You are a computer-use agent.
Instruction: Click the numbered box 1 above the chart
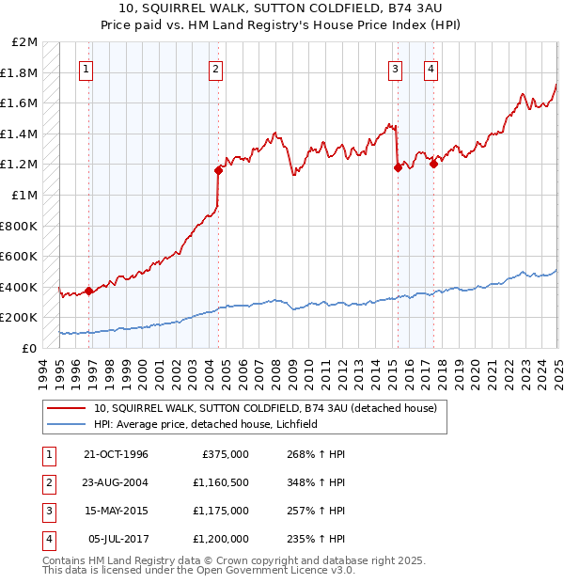(86, 68)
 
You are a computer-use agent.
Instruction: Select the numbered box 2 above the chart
(216, 68)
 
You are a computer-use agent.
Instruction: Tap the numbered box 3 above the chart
(395, 68)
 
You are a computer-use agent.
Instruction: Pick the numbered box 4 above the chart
(431, 68)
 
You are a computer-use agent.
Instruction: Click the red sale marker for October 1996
(89, 291)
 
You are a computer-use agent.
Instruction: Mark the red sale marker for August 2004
(218, 170)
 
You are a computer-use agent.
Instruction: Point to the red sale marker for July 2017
(433, 164)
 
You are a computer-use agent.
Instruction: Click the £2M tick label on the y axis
(25, 42)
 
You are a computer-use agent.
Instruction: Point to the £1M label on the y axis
(25, 195)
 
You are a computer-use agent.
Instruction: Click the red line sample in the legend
(67, 408)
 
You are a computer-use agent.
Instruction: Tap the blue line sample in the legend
(67, 424)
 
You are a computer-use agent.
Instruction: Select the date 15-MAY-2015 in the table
(116, 512)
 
